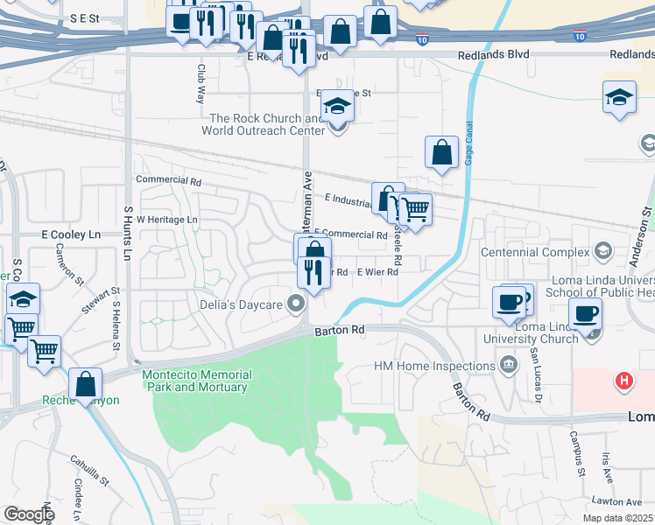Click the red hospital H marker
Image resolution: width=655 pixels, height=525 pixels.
(623, 381)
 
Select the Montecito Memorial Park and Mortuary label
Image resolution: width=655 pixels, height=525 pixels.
(197, 381)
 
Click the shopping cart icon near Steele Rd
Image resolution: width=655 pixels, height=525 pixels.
(416, 210)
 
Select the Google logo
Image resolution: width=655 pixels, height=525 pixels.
(29, 514)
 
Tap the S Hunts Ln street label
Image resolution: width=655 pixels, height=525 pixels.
(127, 234)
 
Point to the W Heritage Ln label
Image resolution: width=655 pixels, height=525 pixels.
(166, 219)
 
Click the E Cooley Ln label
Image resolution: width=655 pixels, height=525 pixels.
(71, 235)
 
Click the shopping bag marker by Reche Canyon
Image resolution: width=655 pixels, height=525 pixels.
(86, 383)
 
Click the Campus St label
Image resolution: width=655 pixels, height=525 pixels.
(576, 452)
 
